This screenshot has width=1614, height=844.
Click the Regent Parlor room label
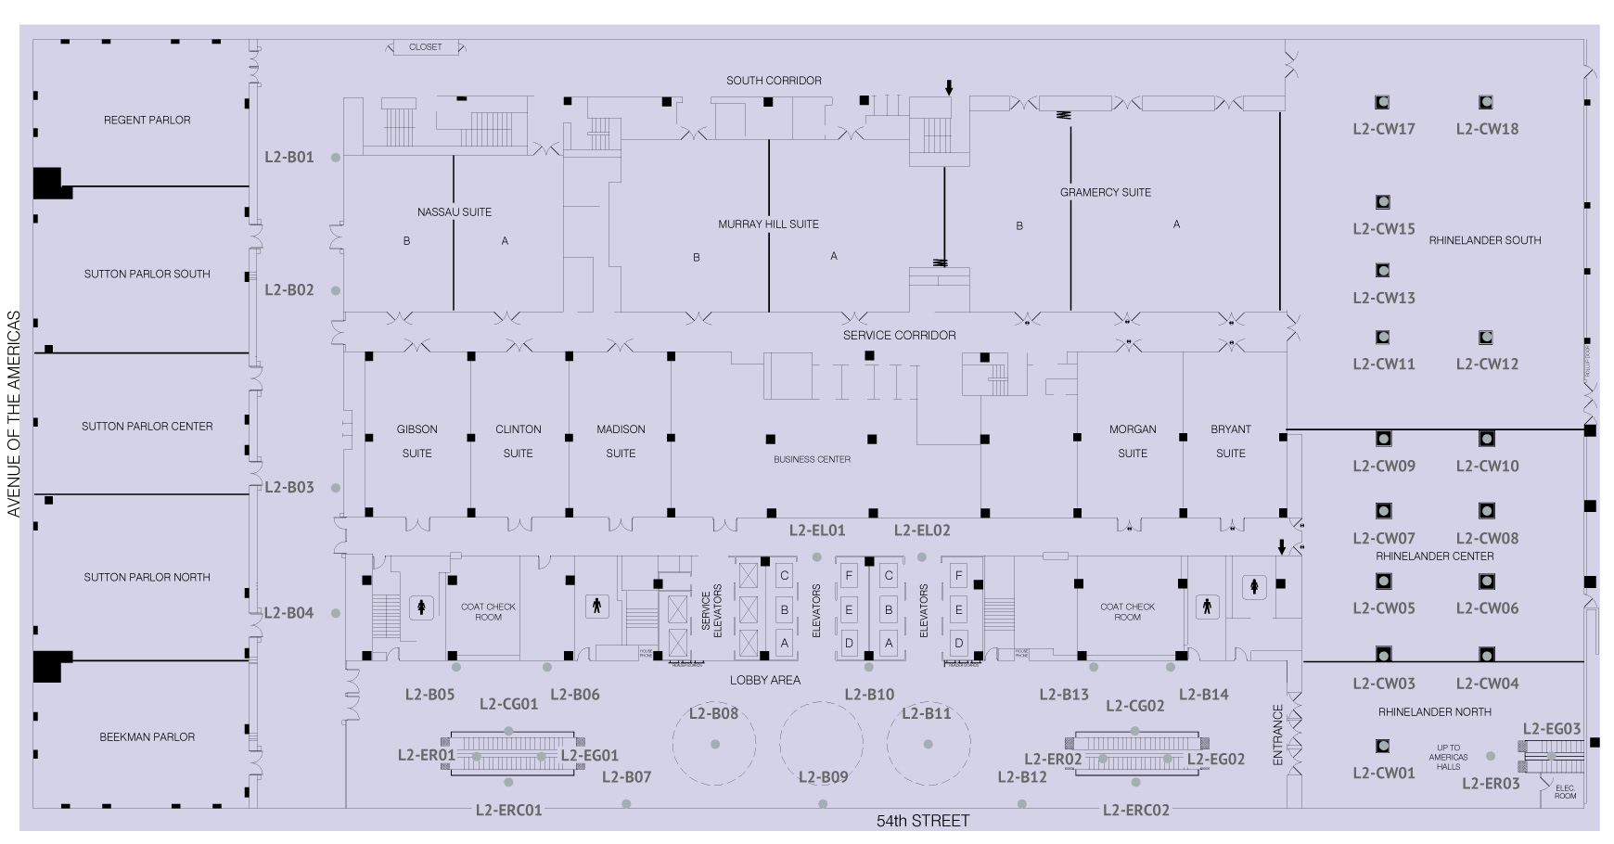[147, 121]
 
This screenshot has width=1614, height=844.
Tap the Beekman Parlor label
[147, 737]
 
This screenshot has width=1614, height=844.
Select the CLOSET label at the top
[425, 47]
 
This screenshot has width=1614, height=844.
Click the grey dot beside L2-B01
[336, 158]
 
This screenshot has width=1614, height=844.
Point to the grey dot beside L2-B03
[336, 488]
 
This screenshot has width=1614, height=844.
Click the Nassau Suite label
[455, 212]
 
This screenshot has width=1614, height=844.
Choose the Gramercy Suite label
[1105, 193]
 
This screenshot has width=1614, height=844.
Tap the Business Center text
[812, 459]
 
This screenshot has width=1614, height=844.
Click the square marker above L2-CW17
[1382, 103]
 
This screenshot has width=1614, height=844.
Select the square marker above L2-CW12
[1486, 338]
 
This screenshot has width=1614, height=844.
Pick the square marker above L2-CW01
[1382, 747]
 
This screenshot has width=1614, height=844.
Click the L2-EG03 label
[1552, 729]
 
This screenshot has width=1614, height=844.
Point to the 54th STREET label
[923, 821]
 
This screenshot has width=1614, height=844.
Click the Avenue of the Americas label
[14, 414]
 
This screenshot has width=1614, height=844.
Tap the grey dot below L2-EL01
[817, 557]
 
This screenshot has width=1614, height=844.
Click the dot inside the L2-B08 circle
[715, 745]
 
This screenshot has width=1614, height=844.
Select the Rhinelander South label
[1485, 240]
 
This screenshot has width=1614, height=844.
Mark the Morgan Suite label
[1133, 441]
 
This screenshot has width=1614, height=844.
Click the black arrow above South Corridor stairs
[948, 88]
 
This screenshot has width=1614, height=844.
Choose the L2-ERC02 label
[1136, 811]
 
